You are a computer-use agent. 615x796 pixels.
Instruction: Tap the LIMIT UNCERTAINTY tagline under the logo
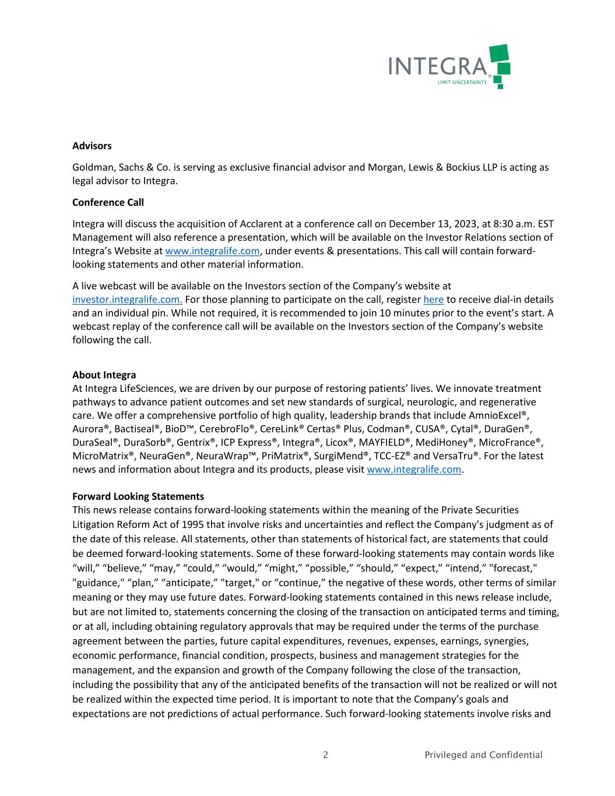pyautogui.click(x=462, y=83)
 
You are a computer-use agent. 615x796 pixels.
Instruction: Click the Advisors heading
pyautogui.click(x=92, y=146)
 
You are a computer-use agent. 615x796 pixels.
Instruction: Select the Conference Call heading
pyautogui.click(x=108, y=202)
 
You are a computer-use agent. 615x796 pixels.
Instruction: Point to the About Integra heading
pyautogui.click(x=104, y=375)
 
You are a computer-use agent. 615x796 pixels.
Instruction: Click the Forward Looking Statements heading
pyautogui.click(x=138, y=496)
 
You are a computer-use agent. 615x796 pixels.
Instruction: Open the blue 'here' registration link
pyautogui.click(x=433, y=300)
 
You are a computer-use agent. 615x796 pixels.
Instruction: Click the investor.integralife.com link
pyautogui.click(x=127, y=300)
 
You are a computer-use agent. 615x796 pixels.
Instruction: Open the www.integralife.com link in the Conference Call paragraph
pyautogui.click(x=212, y=251)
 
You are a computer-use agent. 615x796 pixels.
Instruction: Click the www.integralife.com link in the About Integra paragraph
pyautogui.click(x=414, y=469)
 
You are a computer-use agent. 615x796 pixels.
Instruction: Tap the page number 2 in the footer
pyautogui.click(x=325, y=755)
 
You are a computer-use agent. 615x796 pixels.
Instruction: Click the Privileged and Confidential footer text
pyautogui.click(x=483, y=755)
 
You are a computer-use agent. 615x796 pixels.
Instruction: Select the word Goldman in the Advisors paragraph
pyautogui.click(x=91, y=167)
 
